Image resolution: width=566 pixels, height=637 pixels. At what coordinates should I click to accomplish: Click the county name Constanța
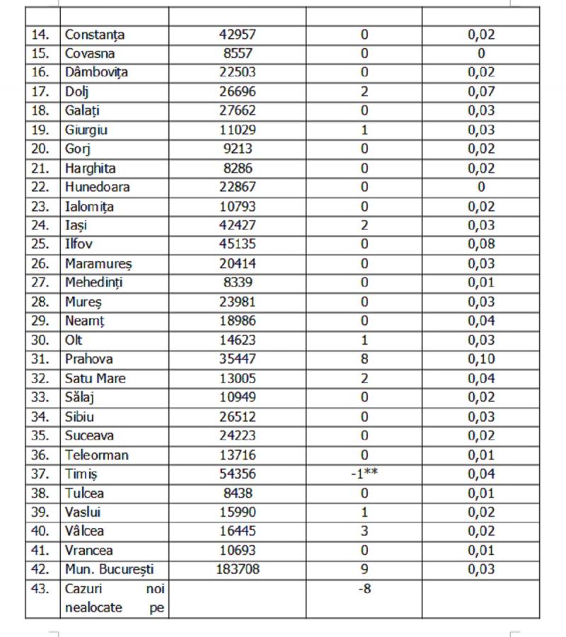tap(95, 34)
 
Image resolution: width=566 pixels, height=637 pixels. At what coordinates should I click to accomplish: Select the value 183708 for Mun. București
tap(237, 569)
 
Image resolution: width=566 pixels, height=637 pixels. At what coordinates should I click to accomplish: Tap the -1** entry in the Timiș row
tap(364, 474)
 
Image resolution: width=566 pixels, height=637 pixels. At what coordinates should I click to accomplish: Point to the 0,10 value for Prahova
tap(480, 359)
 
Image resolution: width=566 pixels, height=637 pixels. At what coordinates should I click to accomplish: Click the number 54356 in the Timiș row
tap(237, 474)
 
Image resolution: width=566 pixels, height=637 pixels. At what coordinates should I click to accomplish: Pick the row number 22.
tap(41, 187)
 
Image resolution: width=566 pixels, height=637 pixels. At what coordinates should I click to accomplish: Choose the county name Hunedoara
tap(98, 187)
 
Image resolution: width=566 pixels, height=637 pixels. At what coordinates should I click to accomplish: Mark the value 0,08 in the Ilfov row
tap(480, 244)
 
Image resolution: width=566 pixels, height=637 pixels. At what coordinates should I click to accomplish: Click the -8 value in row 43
tap(364, 588)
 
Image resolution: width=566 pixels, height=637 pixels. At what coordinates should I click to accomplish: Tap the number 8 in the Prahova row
tap(364, 359)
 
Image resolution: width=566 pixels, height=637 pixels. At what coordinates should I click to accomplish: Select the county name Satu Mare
tap(95, 378)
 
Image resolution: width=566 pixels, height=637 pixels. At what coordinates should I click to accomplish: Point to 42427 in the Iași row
tap(237, 225)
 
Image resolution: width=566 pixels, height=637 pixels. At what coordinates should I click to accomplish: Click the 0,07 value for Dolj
tap(480, 91)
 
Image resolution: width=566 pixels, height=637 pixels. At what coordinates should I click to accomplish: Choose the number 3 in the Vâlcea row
tap(364, 531)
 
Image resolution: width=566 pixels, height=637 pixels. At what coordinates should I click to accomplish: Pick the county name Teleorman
tap(97, 454)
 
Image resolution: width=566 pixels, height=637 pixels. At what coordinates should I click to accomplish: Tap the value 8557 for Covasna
tap(237, 53)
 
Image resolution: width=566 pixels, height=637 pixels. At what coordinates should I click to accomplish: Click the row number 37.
tap(41, 474)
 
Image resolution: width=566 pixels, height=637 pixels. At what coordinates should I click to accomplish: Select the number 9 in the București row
tap(364, 569)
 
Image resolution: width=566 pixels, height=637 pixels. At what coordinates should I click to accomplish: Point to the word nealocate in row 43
tap(94, 607)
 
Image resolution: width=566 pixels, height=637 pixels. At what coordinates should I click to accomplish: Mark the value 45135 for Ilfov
tap(237, 244)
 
